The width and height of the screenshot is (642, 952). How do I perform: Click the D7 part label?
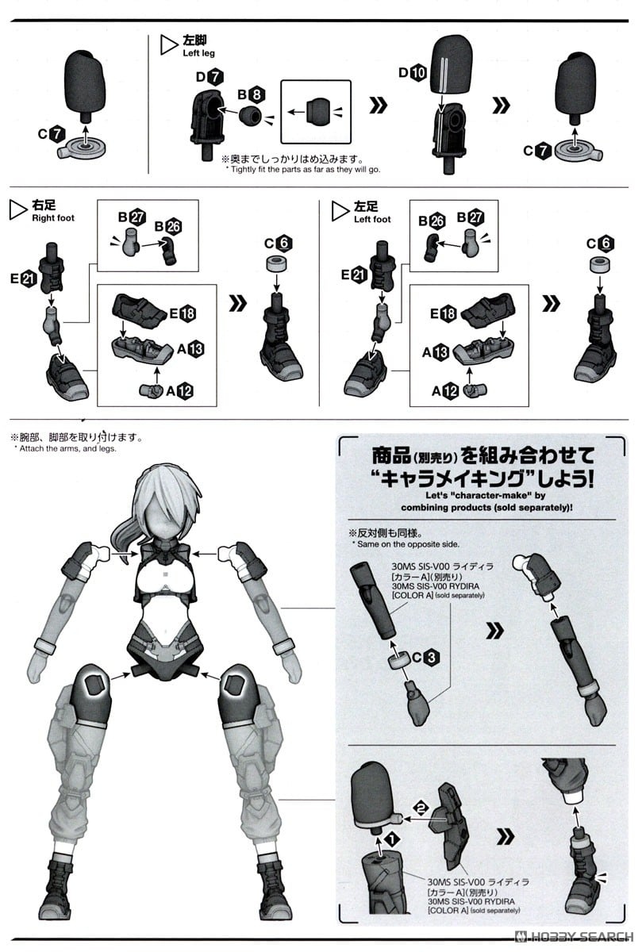tap(208, 77)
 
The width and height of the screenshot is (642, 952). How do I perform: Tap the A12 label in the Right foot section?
tap(179, 390)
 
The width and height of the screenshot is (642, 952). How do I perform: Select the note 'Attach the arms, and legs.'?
tap(65, 449)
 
